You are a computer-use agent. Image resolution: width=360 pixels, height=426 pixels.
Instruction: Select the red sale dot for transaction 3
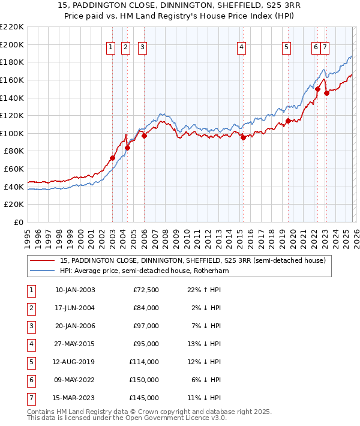pos(145,136)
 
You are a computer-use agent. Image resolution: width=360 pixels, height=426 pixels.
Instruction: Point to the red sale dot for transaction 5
pos(288,121)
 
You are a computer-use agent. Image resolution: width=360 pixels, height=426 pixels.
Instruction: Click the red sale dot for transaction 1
pos(112,158)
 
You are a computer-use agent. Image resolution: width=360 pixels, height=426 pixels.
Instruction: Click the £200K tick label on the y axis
pos(12,44)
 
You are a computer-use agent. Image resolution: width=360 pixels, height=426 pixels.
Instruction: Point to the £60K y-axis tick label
pos(14,169)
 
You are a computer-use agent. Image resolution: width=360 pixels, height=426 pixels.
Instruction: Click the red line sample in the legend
pos(43,261)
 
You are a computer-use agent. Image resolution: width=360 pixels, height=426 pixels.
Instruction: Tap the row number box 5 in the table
pos(29,362)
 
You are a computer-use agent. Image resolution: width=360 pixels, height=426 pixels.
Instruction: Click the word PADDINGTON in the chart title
pos(118,7)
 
